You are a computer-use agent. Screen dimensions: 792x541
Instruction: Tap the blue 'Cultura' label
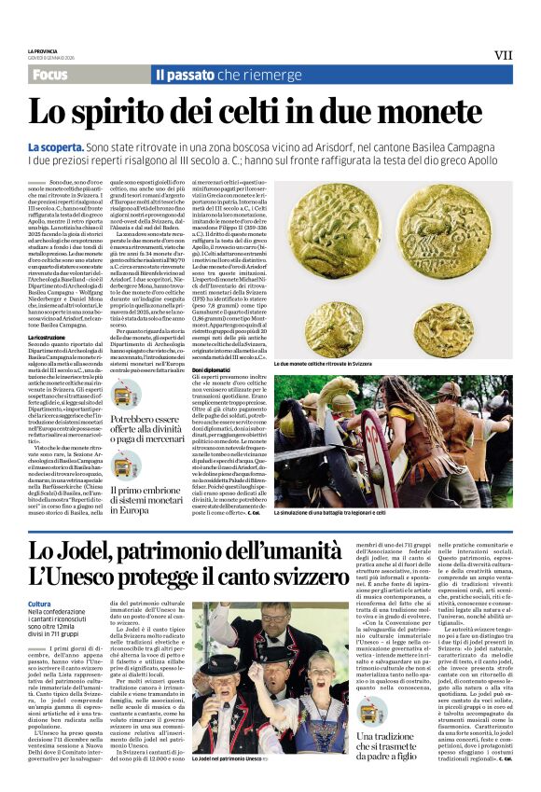40,604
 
